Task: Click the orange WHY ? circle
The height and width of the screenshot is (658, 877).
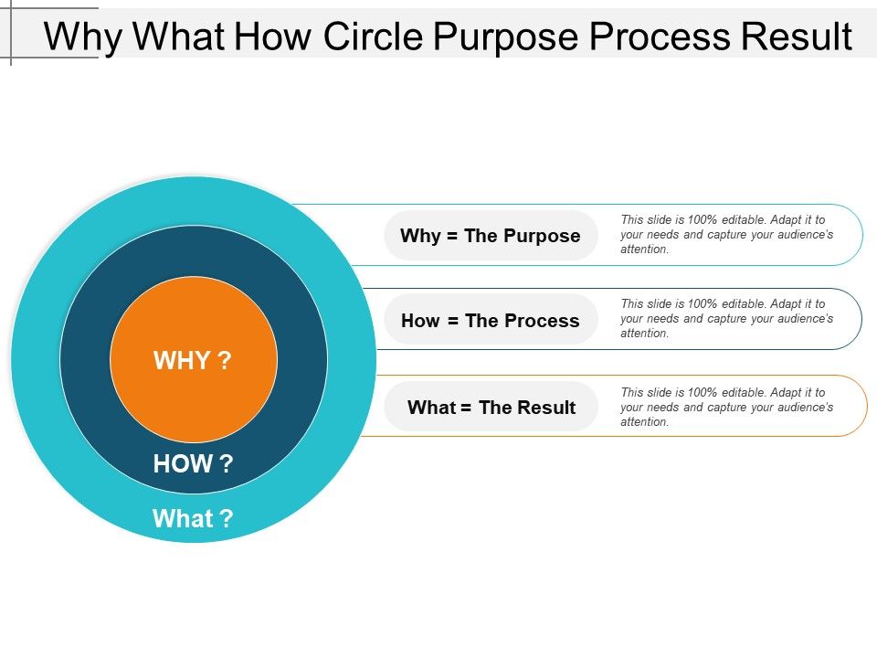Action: [x=194, y=359]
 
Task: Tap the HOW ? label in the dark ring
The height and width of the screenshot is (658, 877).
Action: [x=193, y=463]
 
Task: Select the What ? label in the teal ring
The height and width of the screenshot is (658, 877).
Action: [x=193, y=518]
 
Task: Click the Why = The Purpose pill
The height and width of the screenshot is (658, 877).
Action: [x=491, y=236]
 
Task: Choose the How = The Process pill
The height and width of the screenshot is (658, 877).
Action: [x=491, y=320]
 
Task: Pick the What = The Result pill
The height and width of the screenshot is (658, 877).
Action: [x=491, y=407]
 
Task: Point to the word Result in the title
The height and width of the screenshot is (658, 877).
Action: [x=797, y=37]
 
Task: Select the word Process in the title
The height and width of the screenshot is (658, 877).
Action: [x=660, y=37]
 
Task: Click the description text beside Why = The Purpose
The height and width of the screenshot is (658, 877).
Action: [x=726, y=235]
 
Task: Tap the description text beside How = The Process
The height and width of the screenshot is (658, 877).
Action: [x=726, y=318]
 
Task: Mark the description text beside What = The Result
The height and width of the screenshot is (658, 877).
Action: [x=726, y=408]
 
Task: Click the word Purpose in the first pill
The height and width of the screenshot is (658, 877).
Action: [x=542, y=237]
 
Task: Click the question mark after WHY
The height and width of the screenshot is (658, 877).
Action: [x=224, y=360]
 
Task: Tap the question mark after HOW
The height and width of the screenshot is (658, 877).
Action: [x=226, y=463]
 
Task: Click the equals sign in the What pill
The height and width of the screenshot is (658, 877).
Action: [x=466, y=408]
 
